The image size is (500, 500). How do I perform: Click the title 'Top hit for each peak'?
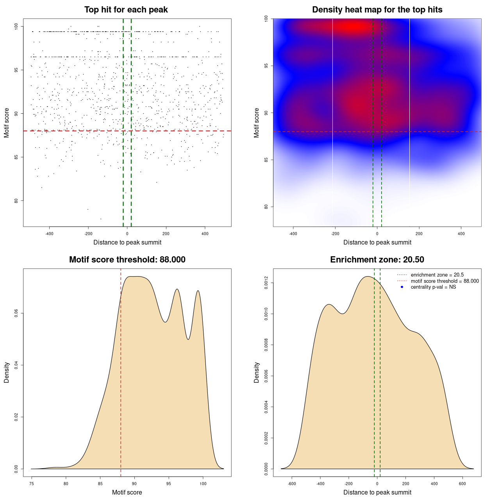click(126, 10)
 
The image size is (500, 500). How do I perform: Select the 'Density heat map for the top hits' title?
click(377, 10)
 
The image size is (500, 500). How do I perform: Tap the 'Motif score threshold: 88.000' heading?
click(127, 260)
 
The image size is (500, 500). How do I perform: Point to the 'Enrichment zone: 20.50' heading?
click(377, 260)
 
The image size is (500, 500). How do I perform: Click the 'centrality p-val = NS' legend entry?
click(433, 287)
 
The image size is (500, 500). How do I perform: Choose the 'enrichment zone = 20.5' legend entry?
click(437, 275)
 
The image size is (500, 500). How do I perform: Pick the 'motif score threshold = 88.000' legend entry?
click(445, 281)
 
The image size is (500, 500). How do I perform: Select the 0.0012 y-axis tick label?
click(266, 283)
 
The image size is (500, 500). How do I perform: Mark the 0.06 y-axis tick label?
click(16, 314)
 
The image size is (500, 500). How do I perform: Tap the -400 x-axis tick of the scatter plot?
click(49, 234)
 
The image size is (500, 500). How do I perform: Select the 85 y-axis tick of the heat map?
click(266, 160)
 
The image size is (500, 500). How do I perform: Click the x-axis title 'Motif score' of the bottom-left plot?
click(127, 493)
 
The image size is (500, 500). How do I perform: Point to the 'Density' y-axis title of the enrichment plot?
click(257, 372)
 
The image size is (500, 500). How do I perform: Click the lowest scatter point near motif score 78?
click(101, 219)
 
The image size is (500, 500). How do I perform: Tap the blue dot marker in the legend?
click(402, 287)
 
